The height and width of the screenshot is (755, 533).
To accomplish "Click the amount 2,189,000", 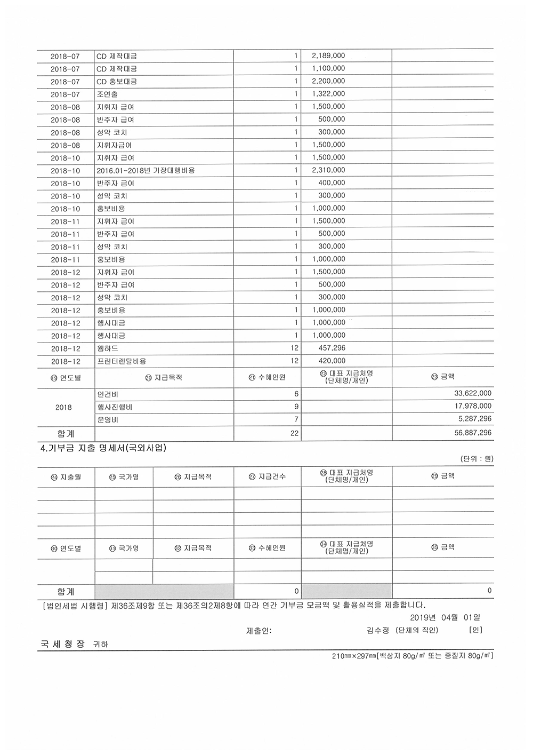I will (x=328, y=56).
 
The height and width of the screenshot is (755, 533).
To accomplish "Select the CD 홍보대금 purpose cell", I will (x=117, y=82).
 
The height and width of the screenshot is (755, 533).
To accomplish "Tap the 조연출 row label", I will (x=107, y=94).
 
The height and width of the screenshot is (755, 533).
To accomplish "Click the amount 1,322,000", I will (x=328, y=94).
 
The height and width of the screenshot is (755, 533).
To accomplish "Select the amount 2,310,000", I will (x=328, y=170).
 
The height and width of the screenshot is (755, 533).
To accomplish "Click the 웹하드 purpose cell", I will (x=108, y=348).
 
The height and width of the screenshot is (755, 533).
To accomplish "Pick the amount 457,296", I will (x=332, y=348).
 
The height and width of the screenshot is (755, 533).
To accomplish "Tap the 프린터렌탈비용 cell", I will (x=122, y=361).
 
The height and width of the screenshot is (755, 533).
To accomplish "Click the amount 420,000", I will (x=332, y=361).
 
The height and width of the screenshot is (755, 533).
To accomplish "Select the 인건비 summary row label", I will (x=108, y=394).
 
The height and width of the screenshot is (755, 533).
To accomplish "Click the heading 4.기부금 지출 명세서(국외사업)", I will (x=104, y=448).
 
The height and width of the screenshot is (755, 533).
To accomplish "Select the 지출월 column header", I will (x=66, y=476).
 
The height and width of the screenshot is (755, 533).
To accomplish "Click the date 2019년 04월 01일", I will (x=446, y=617).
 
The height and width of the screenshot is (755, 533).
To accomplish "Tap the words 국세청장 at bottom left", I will (x=63, y=643).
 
